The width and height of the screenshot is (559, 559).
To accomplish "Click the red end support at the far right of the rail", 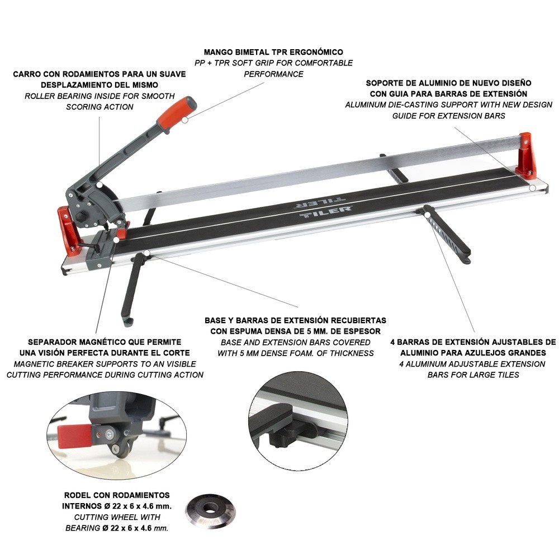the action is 526,155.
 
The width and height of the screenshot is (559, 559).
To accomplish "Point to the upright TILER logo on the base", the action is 325,213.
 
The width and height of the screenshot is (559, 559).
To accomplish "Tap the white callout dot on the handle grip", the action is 184,120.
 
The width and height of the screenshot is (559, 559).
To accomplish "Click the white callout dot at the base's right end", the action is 532,188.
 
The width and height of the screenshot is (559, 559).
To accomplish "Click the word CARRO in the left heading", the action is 26,74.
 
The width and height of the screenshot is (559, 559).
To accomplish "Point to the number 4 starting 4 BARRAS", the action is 392,342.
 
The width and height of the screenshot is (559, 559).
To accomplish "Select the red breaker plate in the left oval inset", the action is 74,436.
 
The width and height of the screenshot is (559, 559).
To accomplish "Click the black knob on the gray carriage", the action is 81,216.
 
